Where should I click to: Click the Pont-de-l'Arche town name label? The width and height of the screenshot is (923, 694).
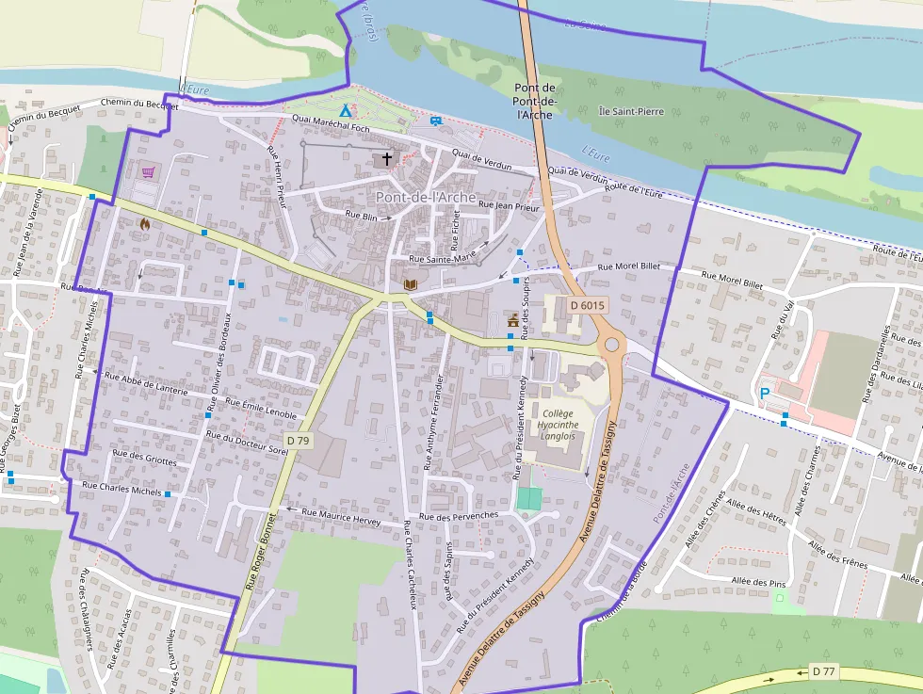[x=425, y=197]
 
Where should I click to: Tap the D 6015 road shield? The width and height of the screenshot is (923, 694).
[x=587, y=305]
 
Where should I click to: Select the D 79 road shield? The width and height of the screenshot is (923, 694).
[x=298, y=440]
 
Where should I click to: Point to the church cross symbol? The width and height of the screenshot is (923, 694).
[x=386, y=159]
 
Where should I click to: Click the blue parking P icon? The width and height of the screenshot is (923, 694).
[x=765, y=393]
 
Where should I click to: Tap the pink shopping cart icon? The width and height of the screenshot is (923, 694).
[x=148, y=171]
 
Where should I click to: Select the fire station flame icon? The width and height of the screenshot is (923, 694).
[x=144, y=224]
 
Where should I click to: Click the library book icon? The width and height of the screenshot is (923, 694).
[x=409, y=283]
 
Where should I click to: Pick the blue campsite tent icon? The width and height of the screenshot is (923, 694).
[x=345, y=111]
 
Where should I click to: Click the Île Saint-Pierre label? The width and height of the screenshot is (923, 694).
[x=631, y=111]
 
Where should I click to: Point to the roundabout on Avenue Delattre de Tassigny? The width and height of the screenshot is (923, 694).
[x=612, y=345]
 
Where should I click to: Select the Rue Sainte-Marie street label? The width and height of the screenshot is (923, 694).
[x=442, y=257]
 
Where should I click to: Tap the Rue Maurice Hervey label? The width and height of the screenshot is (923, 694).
[x=340, y=517]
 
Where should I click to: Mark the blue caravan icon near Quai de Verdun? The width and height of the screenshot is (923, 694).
[x=435, y=121]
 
